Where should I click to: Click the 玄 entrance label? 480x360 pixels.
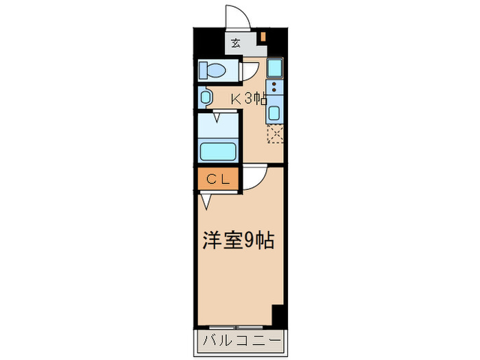pyautogui.click(x=235, y=43)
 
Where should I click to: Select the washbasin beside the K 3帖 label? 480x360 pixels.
pyautogui.click(x=206, y=97)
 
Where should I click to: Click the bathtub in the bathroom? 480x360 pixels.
pyautogui.click(x=217, y=150)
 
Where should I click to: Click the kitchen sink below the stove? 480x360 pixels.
pyautogui.click(x=274, y=113)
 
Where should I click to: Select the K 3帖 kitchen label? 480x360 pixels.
pyautogui.click(x=248, y=98)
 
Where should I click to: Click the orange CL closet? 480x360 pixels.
pyautogui.click(x=217, y=180)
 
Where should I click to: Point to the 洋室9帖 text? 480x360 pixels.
pyautogui.click(x=238, y=241)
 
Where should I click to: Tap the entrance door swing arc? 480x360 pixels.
pyautogui.click(x=235, y=17)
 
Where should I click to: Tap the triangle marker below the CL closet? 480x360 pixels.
pyautogui.click(x=206, y=201)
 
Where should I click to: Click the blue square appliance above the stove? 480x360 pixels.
pyautogui.click(x=274, y=69)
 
